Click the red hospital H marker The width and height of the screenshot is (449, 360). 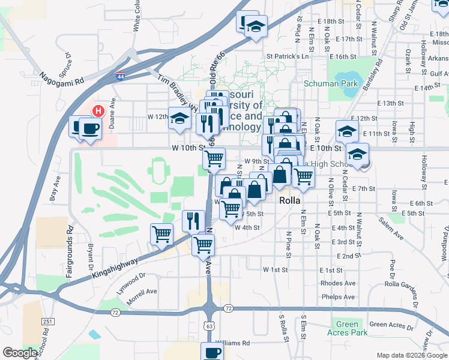(99, 111)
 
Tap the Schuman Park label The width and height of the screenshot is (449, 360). (330, 83)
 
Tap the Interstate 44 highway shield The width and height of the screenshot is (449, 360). (121, 76)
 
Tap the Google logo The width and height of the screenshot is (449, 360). (20, 353)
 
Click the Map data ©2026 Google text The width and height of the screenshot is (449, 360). (411, 355)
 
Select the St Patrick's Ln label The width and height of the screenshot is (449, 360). (287, 56)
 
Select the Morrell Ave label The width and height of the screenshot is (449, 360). (142, 299)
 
